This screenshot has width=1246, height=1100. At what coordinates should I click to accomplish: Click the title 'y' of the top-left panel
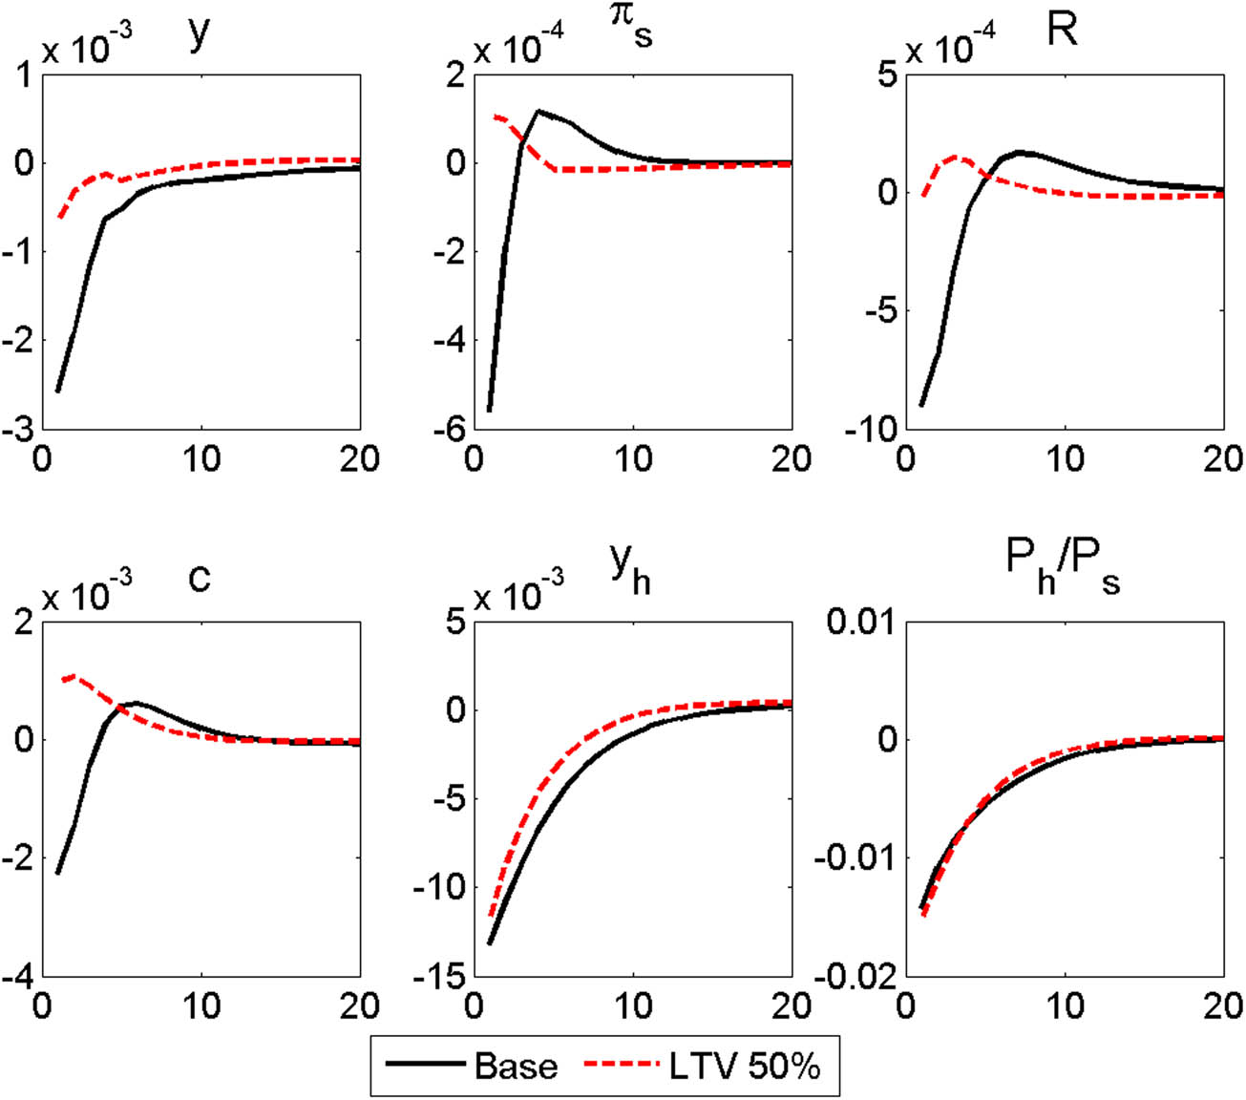[x=200, y=36]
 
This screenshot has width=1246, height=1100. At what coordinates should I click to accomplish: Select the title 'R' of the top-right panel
[x=1062, y=31]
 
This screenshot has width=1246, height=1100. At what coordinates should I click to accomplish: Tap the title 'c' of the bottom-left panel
[x=199, y=578]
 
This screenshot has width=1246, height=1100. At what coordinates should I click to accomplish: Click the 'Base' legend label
[x=516, y=1065]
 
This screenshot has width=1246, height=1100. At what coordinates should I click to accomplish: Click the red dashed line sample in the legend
[x=622, y=1064]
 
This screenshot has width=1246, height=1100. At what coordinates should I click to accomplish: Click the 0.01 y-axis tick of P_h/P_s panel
[x=860, y=622]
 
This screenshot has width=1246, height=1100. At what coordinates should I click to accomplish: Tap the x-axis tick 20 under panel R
[x=1223, y=459]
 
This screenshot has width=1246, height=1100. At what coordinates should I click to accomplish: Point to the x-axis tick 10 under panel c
[x=201, y=1006]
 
